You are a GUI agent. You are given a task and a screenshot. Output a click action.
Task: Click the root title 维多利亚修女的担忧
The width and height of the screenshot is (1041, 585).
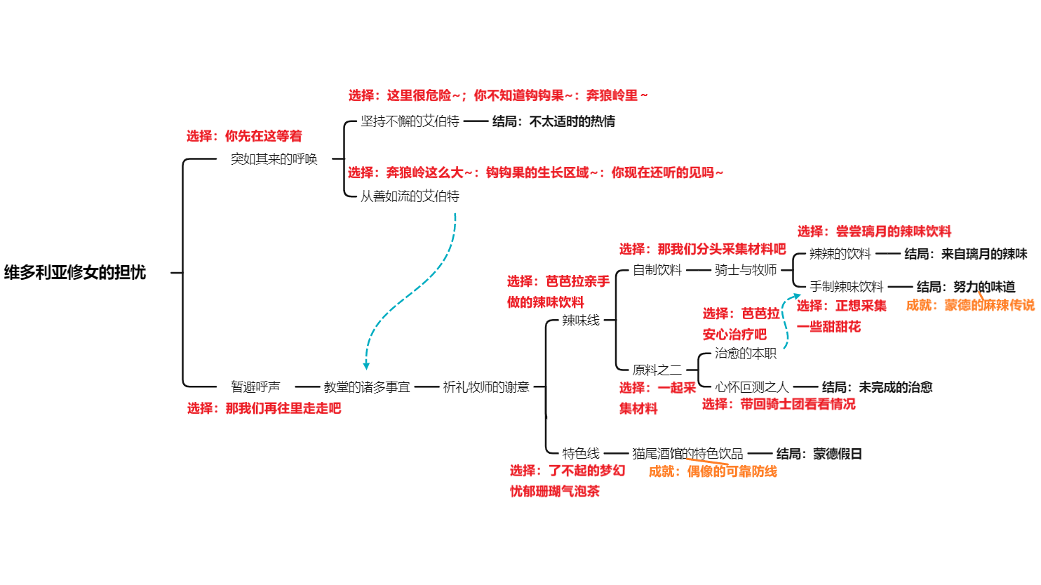(75, 272)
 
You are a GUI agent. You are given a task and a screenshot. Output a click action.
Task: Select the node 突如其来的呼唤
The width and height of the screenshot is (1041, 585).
(274, 159)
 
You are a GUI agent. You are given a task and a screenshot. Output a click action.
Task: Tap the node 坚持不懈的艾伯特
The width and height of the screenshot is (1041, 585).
(410, 121)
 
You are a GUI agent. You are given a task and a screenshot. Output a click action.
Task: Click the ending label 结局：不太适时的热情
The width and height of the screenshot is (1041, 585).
(553, 121)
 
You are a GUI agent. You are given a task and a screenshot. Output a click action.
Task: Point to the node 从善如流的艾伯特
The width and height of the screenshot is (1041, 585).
(410, 196)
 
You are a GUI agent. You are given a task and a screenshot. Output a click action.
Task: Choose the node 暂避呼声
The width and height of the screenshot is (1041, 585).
(255, 386)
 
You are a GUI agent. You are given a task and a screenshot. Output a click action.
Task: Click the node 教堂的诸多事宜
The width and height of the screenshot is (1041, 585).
(367, 386)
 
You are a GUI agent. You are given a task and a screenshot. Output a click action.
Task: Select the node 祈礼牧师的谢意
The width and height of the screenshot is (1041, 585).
(486, 386)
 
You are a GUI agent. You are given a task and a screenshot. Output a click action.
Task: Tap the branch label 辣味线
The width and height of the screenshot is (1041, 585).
(581, 321)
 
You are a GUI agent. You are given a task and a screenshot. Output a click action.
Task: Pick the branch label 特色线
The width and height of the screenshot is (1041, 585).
(581, 453)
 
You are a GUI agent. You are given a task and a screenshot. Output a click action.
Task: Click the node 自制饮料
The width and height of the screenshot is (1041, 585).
(657, 270)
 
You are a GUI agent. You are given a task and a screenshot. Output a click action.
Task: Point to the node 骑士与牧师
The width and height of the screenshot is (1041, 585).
(746, 270)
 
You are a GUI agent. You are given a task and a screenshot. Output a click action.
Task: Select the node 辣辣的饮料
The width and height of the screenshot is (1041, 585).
(840, 254)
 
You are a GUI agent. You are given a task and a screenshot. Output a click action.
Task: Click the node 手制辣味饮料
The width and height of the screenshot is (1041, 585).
(847, 286)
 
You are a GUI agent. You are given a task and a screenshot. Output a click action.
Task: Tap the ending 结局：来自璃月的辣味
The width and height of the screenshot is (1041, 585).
(965, 254)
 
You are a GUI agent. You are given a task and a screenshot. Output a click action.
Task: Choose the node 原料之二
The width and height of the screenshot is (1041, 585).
(657, 370)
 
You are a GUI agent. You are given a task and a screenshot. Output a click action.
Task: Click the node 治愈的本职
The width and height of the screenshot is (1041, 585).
(746, 354)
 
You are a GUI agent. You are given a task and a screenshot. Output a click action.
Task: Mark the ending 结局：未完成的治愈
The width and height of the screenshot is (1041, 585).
(877, 386)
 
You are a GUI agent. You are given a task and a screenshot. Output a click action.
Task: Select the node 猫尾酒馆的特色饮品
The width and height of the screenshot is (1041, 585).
(687, 453)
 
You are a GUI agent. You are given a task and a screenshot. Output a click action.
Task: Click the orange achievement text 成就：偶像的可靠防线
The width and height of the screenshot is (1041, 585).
(713, 471)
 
